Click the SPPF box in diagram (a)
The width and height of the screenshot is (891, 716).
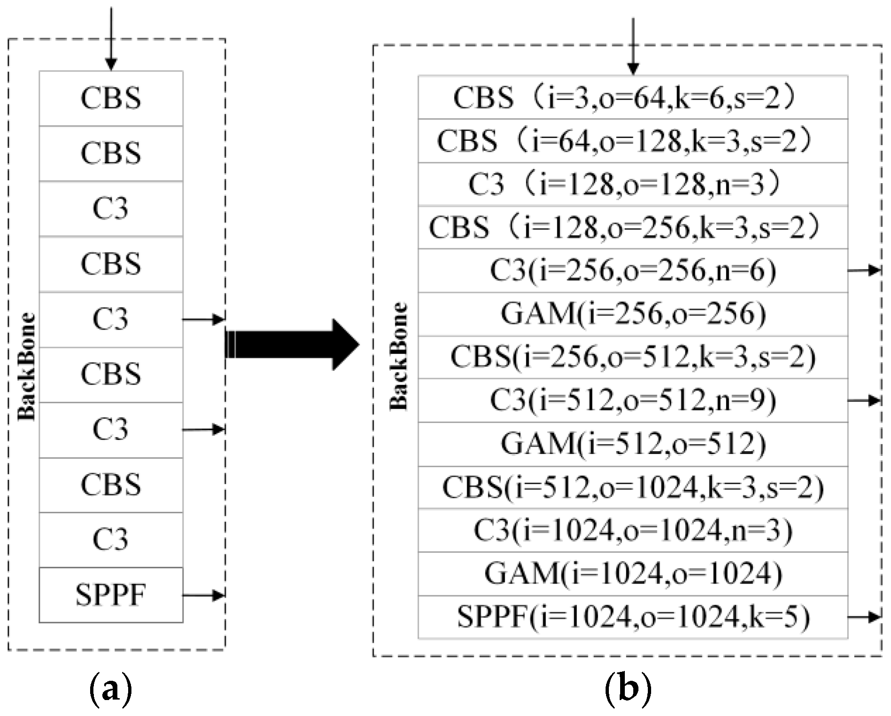111,595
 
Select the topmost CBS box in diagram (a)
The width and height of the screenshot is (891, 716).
111,98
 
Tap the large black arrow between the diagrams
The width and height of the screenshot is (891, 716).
291,345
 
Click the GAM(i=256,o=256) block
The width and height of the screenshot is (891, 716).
633,314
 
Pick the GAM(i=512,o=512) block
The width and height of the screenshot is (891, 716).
633,444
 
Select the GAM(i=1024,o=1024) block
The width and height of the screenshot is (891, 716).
633,574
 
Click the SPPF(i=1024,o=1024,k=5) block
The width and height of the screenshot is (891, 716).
633,617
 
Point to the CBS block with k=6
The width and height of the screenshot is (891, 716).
633,97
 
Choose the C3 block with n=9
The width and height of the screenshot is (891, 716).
633,400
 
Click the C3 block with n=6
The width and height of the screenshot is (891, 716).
633,270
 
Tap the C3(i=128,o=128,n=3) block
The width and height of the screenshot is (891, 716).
633,184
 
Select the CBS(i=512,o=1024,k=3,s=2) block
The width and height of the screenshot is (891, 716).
633,487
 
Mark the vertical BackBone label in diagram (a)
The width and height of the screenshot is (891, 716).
27,366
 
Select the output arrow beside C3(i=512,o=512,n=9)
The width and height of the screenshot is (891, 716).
864,400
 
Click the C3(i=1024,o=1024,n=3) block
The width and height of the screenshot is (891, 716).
633,531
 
